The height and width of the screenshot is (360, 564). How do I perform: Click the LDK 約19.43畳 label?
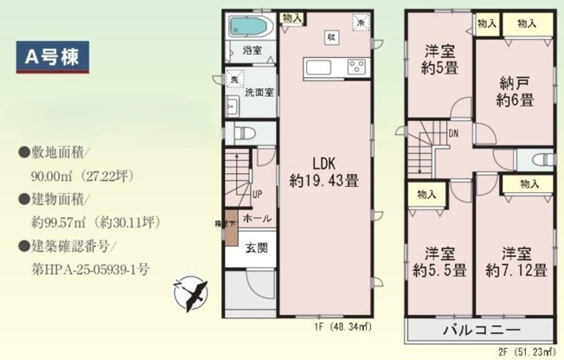[324, 173]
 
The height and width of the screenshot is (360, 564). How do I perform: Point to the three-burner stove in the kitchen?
[357, 66]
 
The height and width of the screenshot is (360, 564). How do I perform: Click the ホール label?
[255, 218]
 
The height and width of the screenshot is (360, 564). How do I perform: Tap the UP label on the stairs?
[258, 194]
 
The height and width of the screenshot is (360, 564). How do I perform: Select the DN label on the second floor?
[454, 133]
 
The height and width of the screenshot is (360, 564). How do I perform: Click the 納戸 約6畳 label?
[515, 91]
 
